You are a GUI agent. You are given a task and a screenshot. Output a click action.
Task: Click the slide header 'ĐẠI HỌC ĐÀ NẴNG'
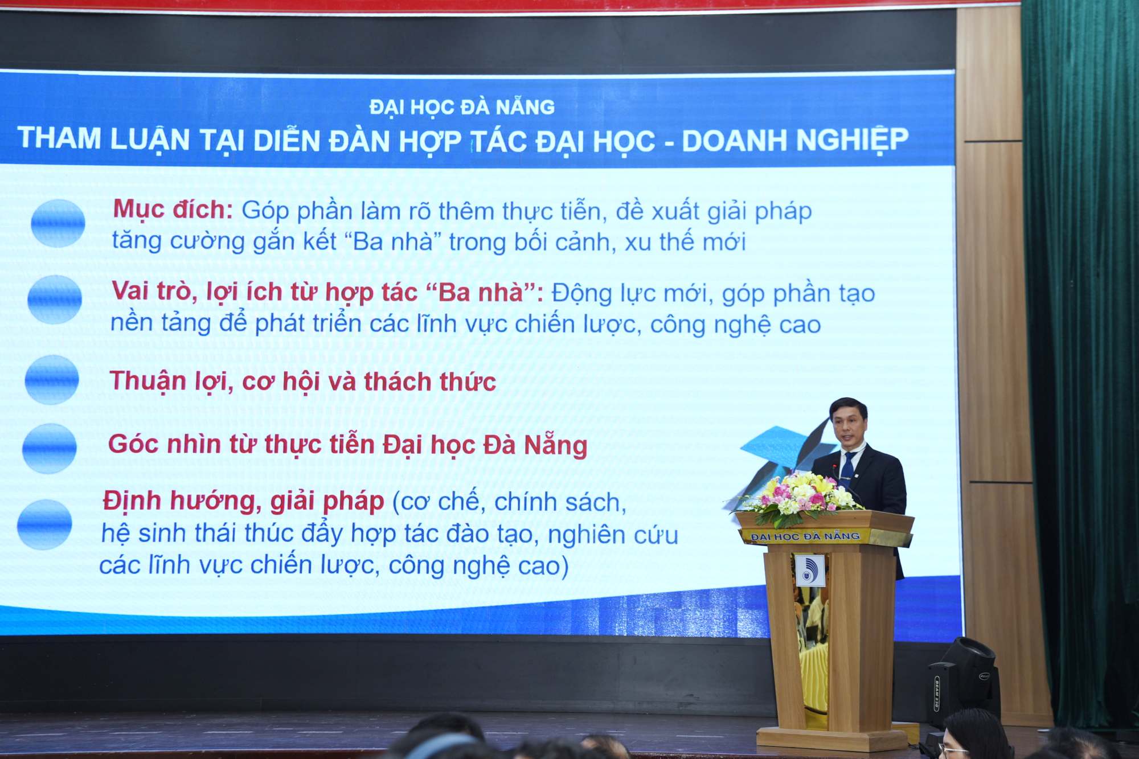[x=462, y=107]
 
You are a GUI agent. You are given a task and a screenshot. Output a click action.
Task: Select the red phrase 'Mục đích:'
[x=173, y=210]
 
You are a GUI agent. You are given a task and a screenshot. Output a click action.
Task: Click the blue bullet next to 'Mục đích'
[x=58, y=223]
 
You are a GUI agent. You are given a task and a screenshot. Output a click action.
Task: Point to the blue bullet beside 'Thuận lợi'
[x=52, y=380]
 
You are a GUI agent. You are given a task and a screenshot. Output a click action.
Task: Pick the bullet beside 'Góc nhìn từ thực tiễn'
[x=49, y=448]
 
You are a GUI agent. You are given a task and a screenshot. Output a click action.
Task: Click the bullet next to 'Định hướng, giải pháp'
[x=44, y=524]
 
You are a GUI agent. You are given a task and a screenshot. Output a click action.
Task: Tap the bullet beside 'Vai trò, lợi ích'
[x=55, y=300]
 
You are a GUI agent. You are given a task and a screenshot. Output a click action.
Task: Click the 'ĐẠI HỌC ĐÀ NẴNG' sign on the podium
[x=805, y=536]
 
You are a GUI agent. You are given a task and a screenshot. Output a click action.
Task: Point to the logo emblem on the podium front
[x=808, y=570]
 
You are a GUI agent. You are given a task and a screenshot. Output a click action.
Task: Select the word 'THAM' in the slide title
[x=59, y=138]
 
